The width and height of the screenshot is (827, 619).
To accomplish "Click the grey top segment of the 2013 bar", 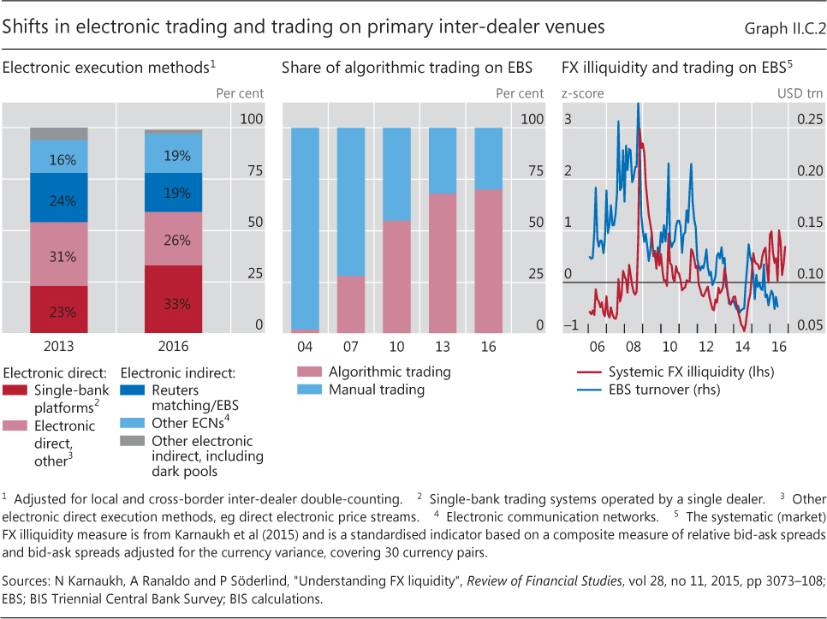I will coord(58,134).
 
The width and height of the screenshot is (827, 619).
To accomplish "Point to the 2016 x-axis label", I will coord(173,347).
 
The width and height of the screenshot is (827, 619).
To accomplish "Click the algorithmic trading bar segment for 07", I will coord(350,304).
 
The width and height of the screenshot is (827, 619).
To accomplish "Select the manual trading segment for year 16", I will coord(488,158).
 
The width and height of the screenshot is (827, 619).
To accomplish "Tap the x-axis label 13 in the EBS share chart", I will coord(443,347).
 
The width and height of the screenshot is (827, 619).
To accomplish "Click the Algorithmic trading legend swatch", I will coord(309,372).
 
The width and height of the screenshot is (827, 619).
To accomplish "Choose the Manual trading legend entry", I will coord(377,390).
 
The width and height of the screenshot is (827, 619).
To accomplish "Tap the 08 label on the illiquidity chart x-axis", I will coord(634,347).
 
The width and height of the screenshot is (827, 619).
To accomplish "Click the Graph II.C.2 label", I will coord(782,27).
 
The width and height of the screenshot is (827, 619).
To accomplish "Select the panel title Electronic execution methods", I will coord(108,67).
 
